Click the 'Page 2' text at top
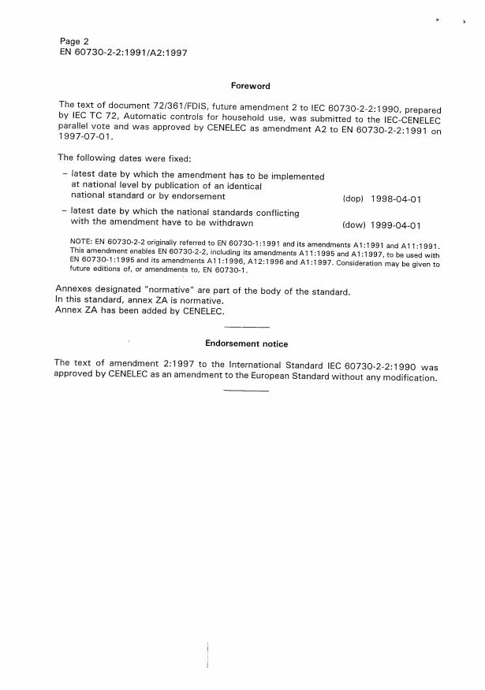(75, 41)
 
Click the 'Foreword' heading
(250, 86)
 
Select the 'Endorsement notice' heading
(246, 343)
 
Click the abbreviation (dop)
(353, 199)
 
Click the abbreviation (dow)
(353, 224)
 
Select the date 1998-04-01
(396, 199)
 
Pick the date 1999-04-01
(396, 224)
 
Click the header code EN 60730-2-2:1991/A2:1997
(123, 53)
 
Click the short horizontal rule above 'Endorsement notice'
(247, 327)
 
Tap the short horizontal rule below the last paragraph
(247, 390)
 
